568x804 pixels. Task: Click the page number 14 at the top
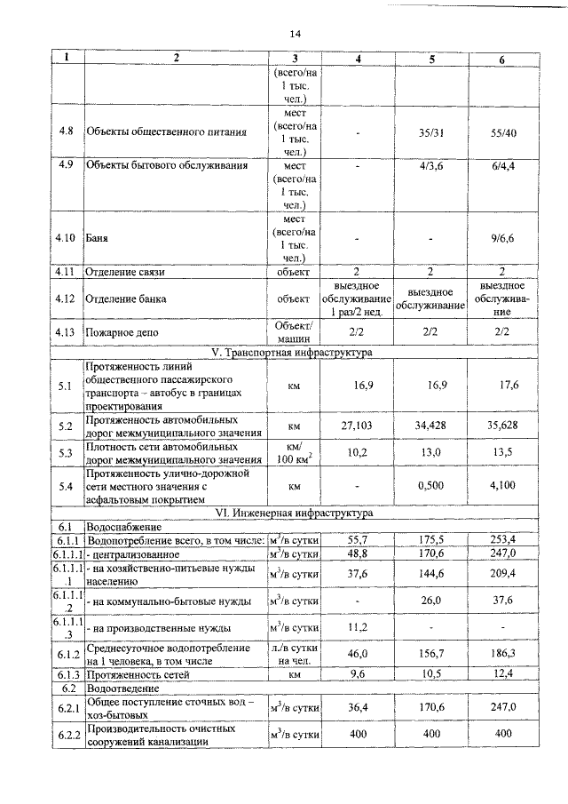(296, 34)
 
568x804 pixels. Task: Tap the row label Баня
(94, 238)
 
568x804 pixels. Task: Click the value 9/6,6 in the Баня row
(502, 238)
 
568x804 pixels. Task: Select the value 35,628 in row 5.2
(502, 426)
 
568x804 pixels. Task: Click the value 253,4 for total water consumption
(502, 539)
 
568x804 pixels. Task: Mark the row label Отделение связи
(126, 271)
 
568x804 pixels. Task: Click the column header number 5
(430, 59)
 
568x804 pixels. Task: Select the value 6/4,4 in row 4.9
(502, 164)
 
